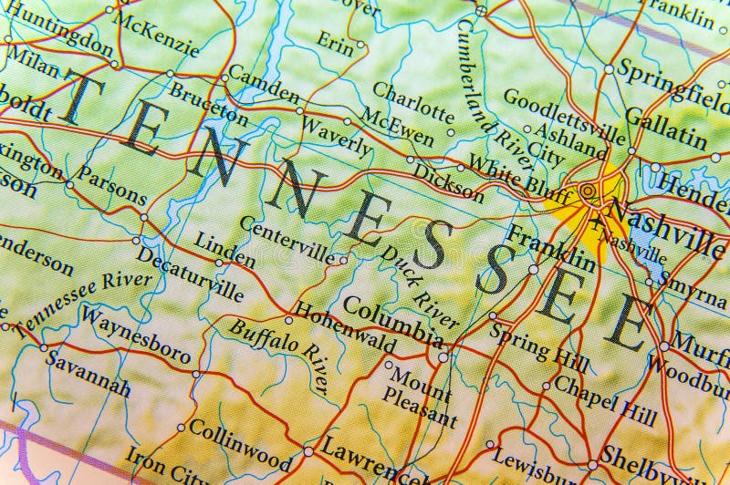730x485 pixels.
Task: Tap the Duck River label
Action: pos(420,283)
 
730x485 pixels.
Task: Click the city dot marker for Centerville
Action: pos(343,260)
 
